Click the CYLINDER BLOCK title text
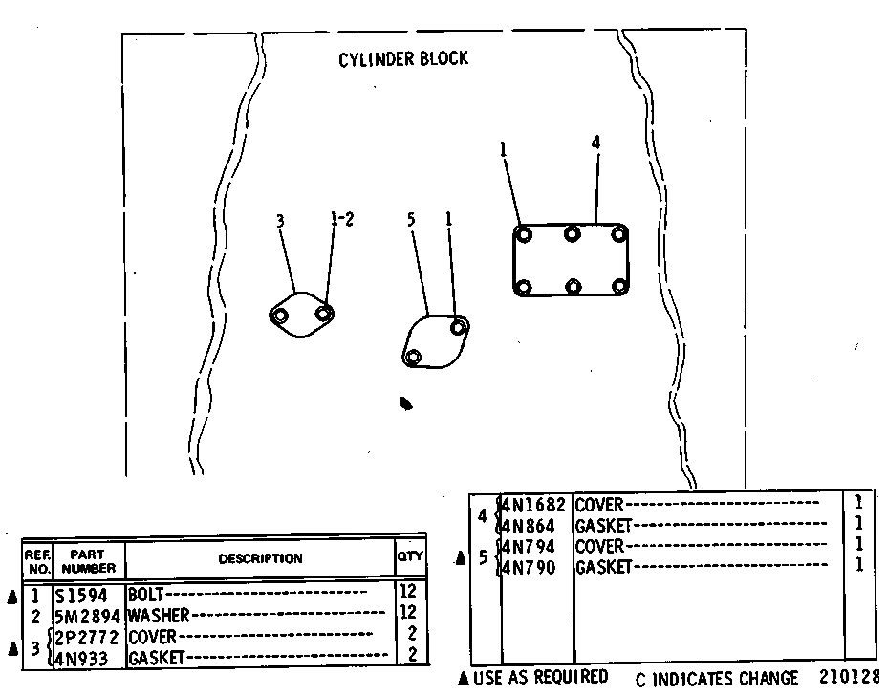(x=402, y=59)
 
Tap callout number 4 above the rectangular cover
(x=595, y=142)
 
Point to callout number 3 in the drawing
(x=280, y=221)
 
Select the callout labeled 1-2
(x=342, y=218)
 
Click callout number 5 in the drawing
(x=411, y=219)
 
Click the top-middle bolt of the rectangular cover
(x=572, y=233)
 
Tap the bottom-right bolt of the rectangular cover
(x=620, y=286)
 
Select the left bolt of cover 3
(x=279, y=315)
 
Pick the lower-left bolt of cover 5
(x=414, y=357)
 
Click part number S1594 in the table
(x=81, y=596)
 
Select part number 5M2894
(x=88, y=616)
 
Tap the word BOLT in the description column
(x=145, y=595)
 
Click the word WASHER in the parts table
(x=159, y=615)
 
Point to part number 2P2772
(x=87, y=637)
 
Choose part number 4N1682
(x=533, y=504)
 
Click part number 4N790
(x=529, y=567)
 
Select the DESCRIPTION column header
(x=260, y=558)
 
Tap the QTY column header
(x=409, y=556)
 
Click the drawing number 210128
(x=849, y=677)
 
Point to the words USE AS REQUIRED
(x=540, y=677)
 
